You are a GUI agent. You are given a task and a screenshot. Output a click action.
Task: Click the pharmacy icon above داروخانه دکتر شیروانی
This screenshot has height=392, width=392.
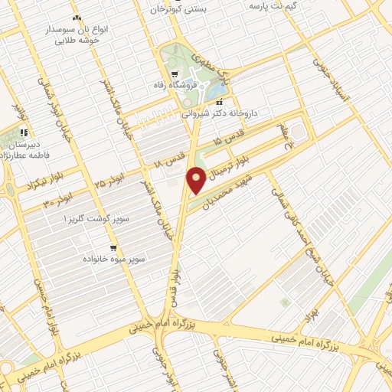click(x=220, y=103)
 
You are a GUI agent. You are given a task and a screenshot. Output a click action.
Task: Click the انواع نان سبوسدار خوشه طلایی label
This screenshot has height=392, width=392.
click(x=83, y=34)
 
